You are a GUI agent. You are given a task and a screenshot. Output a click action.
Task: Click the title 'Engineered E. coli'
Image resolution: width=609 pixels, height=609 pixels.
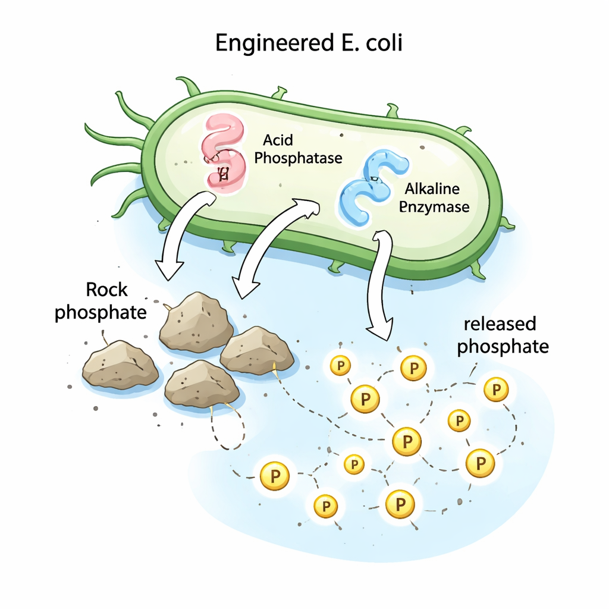(308, 43)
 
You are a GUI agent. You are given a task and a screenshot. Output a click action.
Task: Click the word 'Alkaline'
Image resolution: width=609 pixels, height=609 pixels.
(432, 189)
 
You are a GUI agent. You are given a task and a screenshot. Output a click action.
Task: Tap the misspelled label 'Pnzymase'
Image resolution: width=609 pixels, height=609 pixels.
(434, 207)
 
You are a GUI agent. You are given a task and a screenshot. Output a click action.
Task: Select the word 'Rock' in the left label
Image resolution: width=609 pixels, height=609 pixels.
(106, 290)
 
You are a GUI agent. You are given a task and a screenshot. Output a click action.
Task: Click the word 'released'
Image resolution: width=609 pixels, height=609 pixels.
(500, 324)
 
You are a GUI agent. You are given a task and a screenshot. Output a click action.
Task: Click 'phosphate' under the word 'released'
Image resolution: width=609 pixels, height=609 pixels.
(503, 346)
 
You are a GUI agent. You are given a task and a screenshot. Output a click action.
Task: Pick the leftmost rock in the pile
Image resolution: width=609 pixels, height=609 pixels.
(120, 364)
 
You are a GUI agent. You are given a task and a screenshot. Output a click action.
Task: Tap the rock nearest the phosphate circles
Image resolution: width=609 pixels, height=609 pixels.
(257, 350)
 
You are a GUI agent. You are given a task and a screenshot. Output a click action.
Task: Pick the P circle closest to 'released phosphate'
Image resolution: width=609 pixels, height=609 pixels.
(495, 390)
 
